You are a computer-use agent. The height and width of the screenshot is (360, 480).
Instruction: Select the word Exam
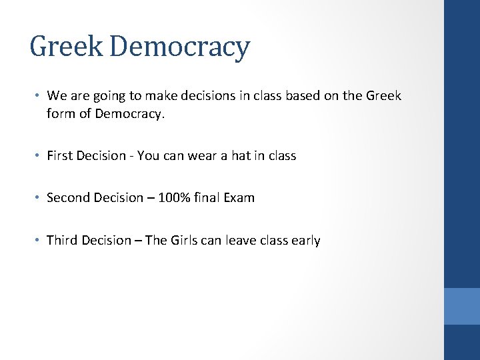(x=239, y=197)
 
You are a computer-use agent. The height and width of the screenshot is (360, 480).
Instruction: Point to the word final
(x=209, y=197)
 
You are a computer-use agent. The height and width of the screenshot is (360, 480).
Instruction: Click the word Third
(x=63, y=240)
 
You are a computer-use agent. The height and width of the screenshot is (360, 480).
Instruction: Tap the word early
(x=305, y=240)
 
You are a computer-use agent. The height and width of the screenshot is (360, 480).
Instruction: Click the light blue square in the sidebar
(x=461, y=306)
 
